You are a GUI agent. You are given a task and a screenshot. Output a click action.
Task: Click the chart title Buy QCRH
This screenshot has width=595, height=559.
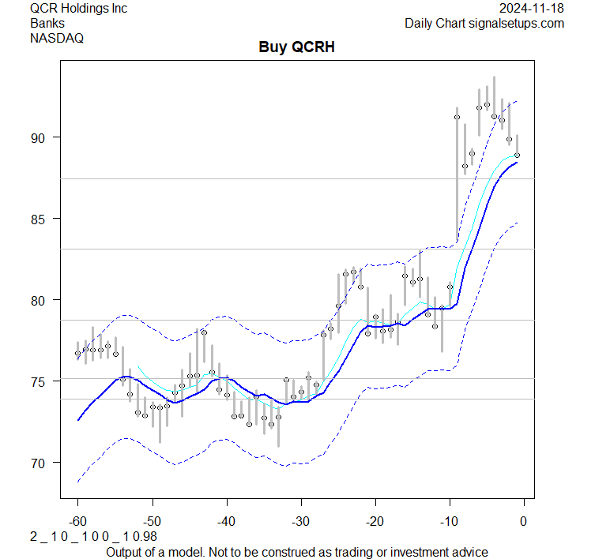(297, 47)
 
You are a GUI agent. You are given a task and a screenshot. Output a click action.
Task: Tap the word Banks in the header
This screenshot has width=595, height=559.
(47, 23)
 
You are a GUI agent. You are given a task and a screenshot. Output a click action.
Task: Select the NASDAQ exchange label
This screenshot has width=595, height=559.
(57, 37)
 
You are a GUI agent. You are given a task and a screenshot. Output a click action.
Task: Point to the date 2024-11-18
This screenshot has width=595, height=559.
(533, 9)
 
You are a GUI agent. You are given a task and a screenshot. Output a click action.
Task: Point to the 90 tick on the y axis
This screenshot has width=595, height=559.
(37, 137)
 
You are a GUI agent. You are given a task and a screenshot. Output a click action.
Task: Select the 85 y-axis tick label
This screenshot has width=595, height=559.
(37, 219)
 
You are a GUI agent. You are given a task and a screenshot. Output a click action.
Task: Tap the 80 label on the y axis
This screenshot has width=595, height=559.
(37, 300)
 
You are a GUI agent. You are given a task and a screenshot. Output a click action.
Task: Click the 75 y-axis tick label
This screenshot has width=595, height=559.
(37, 381)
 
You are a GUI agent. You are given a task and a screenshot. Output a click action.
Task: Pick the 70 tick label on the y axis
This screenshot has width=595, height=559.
(37, 463)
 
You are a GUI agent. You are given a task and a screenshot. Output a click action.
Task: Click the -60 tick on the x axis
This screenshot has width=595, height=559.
(78, 521)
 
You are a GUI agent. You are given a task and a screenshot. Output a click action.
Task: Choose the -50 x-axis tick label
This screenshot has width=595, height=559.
(153, 521)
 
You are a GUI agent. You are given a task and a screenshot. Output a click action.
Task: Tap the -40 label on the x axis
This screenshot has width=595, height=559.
(227, 521)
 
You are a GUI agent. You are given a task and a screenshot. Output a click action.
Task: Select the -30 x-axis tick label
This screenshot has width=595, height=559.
(300, 521)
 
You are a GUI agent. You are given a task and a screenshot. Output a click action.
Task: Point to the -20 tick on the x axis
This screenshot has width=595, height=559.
(375, 521)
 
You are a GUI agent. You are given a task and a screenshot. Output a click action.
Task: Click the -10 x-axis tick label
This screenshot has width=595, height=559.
(449, 521)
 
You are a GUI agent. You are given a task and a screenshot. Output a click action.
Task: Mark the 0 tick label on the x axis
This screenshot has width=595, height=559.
(523, 521)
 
